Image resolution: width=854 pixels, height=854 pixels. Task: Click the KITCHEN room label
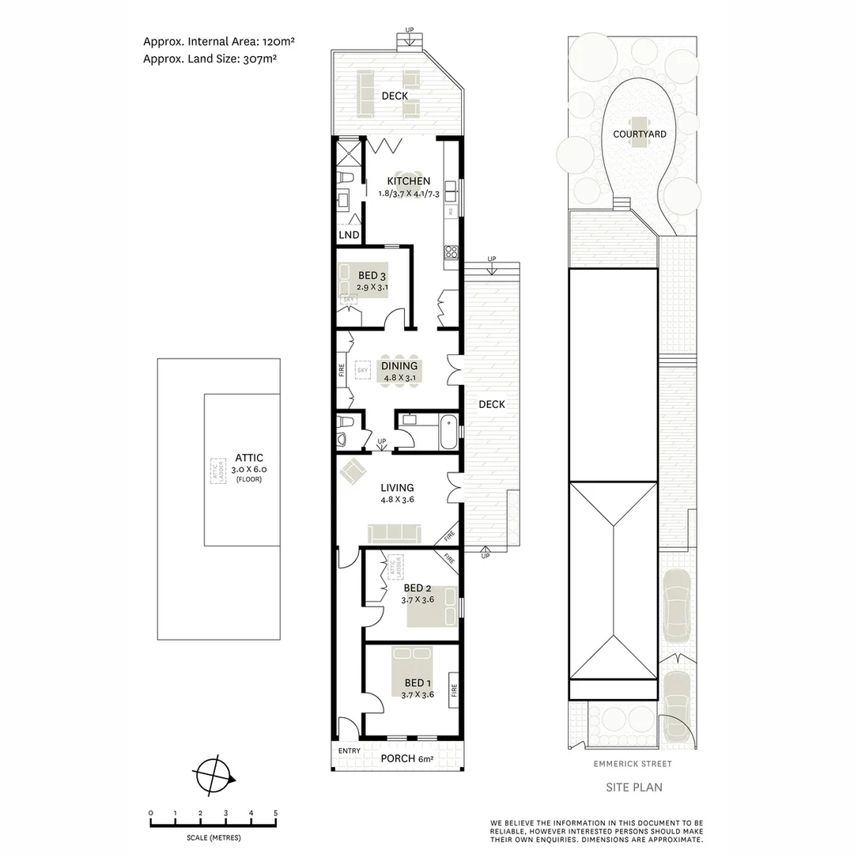click(x=409, y=181)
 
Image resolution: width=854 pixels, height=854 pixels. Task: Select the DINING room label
click(x=399, y=366)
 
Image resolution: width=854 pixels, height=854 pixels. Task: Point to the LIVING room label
click(x=397, y=488)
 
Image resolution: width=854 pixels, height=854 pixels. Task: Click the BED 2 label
click(x=417, y=588)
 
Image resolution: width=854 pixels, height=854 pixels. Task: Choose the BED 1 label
click(x=417, y=683)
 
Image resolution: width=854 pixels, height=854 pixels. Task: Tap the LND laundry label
click(x=349, y=236)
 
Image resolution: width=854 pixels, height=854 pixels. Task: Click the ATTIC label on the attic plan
click(x=248, y=458)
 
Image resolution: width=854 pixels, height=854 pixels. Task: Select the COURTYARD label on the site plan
click(x=640, y=134)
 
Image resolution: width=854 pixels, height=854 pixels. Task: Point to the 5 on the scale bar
click(x=276, y=813)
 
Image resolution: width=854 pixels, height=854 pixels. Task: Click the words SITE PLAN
click(x=633, y=787)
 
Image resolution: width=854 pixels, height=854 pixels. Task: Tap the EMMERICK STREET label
click(x=633, y=764)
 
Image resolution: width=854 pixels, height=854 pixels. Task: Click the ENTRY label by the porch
click(x=349, y=751)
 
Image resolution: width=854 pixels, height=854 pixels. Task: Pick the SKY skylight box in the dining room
click(x=363, y=370)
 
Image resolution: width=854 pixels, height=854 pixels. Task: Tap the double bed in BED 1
click(x=419, y=671)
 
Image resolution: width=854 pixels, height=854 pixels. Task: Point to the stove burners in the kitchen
click(x=452, y=252)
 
